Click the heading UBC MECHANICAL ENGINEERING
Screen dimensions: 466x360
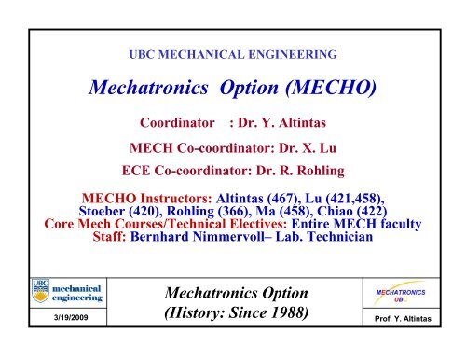233,54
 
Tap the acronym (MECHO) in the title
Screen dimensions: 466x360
331,88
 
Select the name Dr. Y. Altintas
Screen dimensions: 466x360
281,123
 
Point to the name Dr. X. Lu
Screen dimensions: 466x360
308,148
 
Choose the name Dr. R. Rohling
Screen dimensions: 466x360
300,171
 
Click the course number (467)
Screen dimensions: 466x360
282,199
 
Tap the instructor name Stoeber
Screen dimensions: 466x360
102,211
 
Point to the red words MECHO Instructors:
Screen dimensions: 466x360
146,199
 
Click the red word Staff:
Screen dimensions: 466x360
109,237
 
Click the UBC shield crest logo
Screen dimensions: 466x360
40,291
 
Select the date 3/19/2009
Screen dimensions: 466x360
71,317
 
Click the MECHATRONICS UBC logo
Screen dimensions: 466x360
401,293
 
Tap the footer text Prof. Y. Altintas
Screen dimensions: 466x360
403,319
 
